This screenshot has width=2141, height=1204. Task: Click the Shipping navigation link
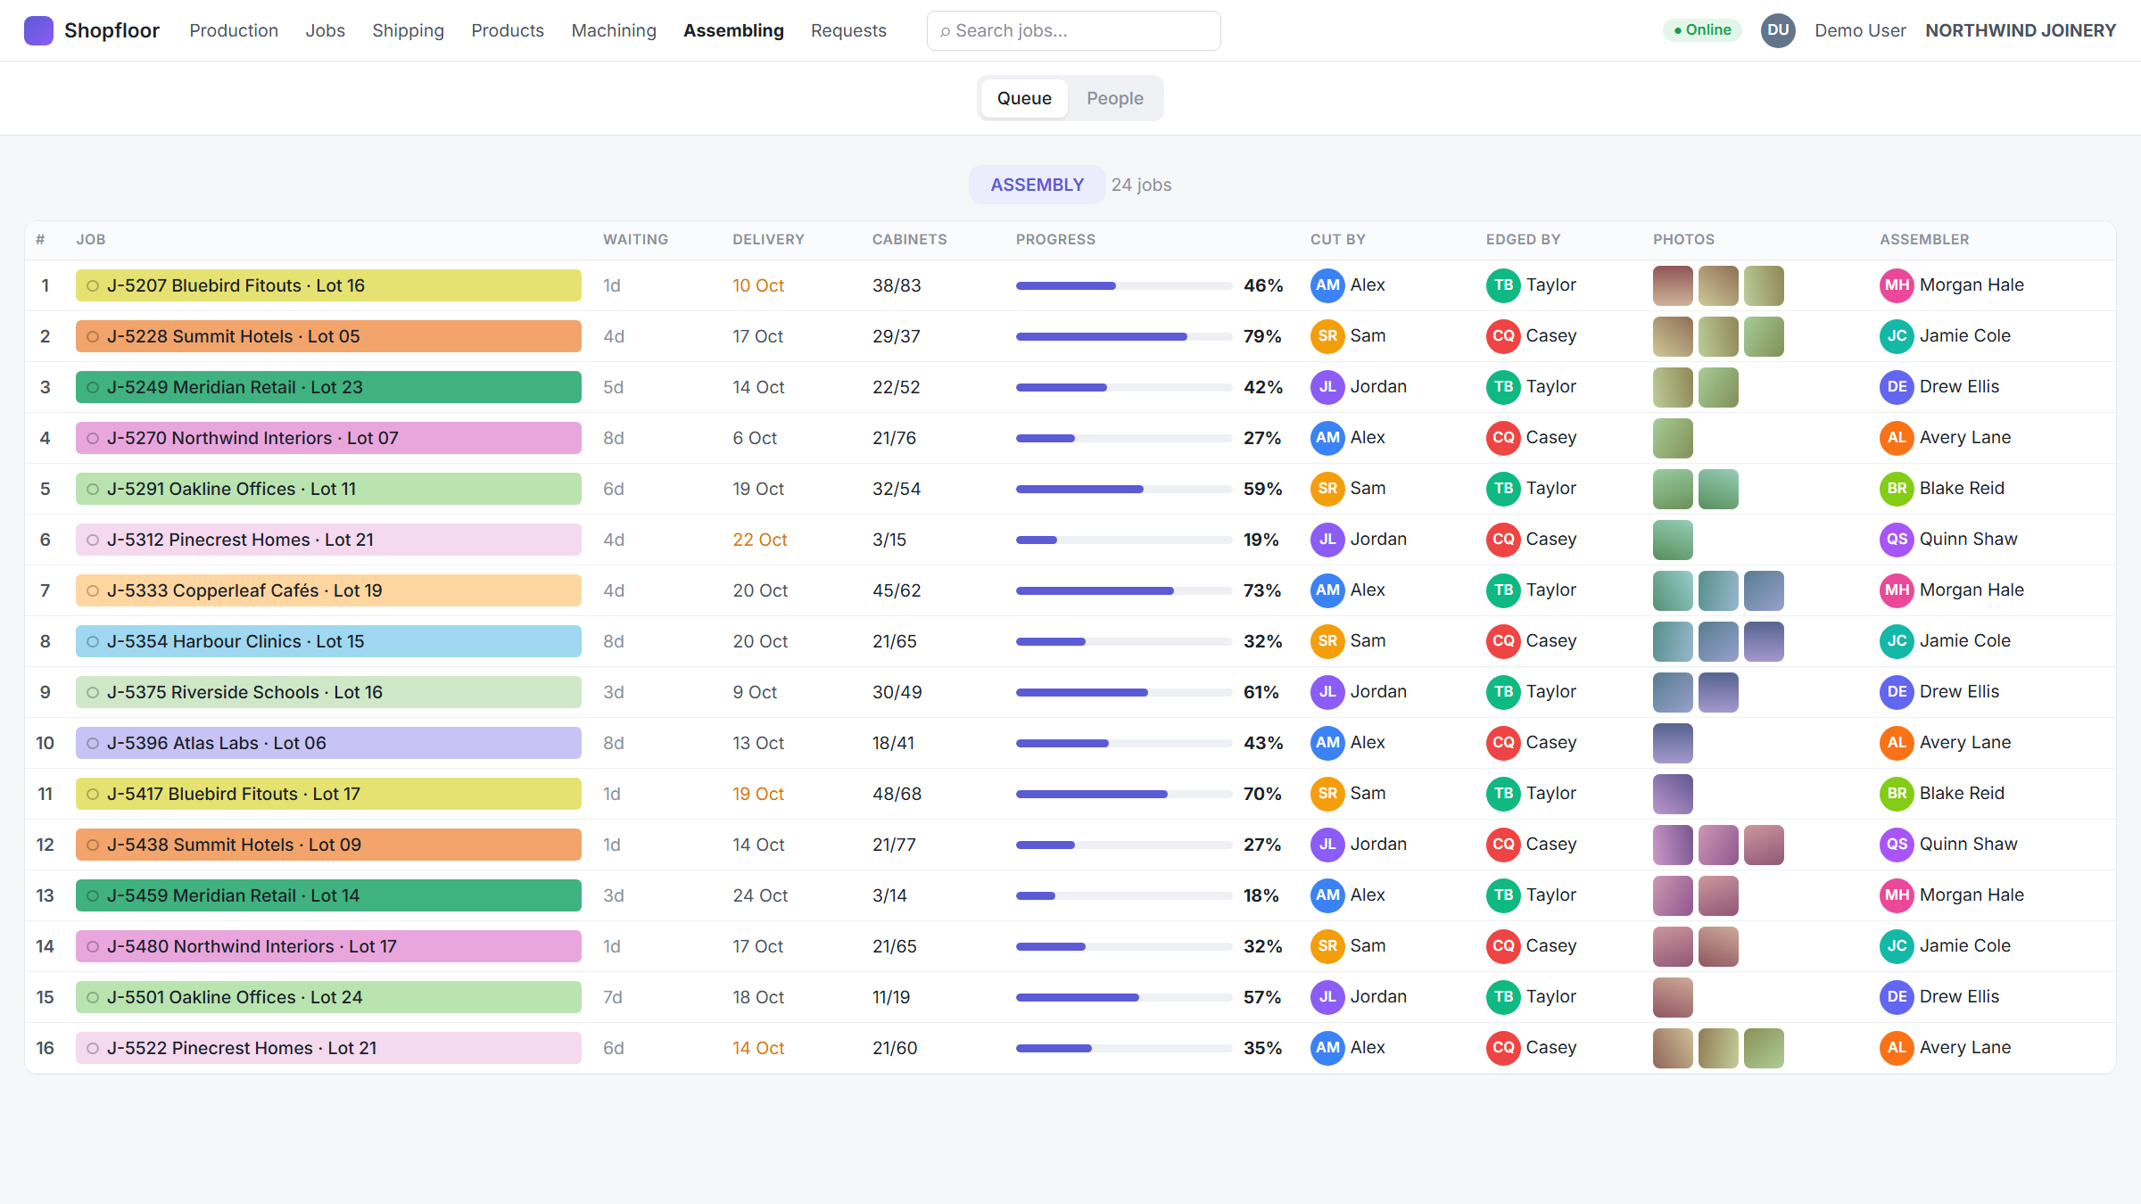(408, 30)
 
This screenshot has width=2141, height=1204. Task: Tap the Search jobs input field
(1073, 30)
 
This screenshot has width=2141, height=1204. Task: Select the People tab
(1114, 98)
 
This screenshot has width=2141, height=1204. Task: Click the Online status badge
(1702, 30)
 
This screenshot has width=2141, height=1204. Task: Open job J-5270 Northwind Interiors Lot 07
(328, 438)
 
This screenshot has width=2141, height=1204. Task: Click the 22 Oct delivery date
(759, 540)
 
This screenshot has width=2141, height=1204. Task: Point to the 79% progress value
(1262, 336)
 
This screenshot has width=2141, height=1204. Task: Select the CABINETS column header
(909, 239)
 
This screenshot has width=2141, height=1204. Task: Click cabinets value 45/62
(897, 590)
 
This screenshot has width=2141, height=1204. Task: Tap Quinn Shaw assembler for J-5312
(1948, 540)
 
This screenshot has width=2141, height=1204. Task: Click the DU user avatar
(1778, 30)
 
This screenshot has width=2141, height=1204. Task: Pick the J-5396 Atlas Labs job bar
(328, 743)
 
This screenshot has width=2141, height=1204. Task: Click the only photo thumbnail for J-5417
(1673, 794)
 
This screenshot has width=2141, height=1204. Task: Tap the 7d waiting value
(613, 997)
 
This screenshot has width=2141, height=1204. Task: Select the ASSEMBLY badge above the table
(1037, 185)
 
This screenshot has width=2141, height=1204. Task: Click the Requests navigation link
(848, 30)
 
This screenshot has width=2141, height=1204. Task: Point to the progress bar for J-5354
(1123, 641)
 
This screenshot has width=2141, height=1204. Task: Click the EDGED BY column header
(1523, 239)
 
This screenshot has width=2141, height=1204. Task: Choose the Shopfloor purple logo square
(38, 30)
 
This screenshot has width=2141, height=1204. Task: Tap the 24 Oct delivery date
(760, 895)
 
